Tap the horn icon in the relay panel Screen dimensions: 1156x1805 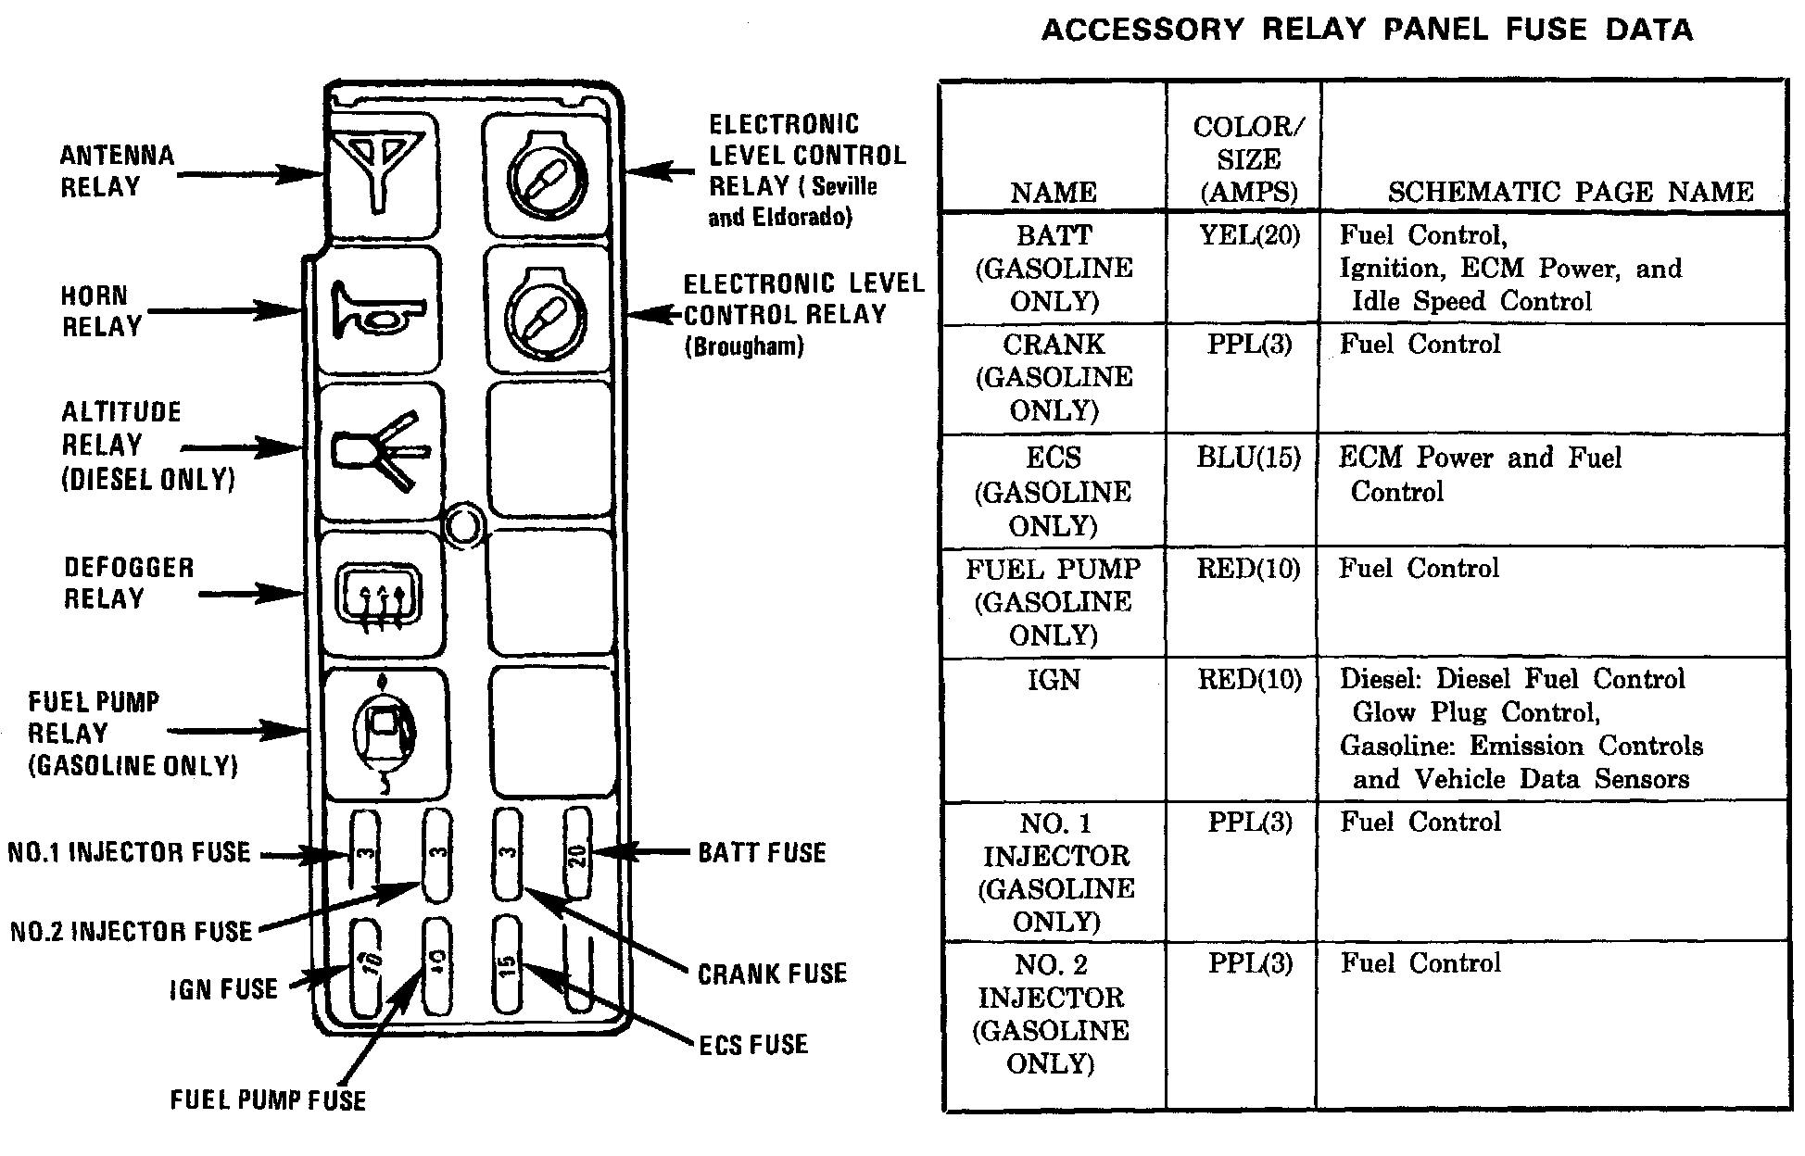(378, 309)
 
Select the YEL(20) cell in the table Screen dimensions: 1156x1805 (1248, 235)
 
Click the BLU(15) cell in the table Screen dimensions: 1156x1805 (1248, 459)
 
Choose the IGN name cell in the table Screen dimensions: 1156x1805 (1054, 681)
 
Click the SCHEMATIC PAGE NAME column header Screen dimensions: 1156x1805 (1570, 193)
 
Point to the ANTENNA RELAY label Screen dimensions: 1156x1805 (117, 171)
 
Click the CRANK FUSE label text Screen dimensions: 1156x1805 (772, 974)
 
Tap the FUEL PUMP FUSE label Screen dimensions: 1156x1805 (268, 1100)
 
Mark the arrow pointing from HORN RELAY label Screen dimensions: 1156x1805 (222, 310)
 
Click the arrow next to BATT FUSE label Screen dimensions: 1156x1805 (643, 852)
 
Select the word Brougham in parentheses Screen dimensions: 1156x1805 (744, 347)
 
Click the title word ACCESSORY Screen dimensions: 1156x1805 (1142, 30)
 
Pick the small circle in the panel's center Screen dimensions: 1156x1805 (463, 525)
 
